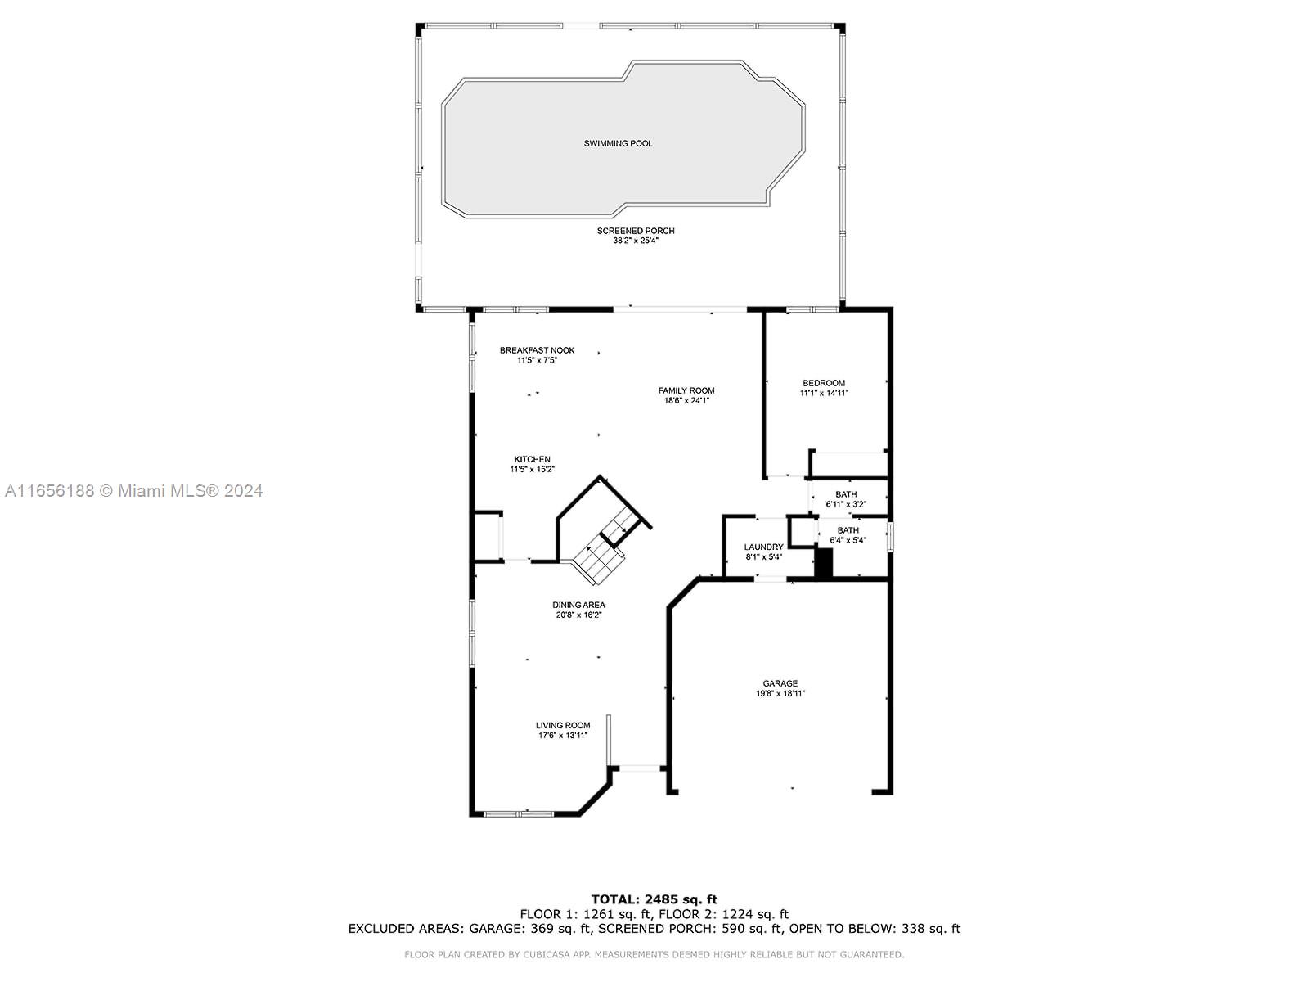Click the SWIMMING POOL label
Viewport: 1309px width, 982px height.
pyautogui.click(x=618, y=143)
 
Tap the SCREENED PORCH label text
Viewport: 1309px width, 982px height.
pyautogui.click(x=636, y=231)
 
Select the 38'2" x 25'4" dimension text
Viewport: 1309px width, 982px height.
pyautogui.click(x=636, y=241)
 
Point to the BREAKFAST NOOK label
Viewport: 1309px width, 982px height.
pyautogui.click(x=537, y=350)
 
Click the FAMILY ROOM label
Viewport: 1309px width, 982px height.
pyautogui.click(x=686, y=390)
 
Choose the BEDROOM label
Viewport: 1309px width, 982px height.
pyautogui.click(x=824, y=383)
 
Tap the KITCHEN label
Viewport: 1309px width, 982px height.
pyautogui.click(x=532, y=459)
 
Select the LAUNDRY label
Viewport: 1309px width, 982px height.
pyautogui.click(x=763, y=547)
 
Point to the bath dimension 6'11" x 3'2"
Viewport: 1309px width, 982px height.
pyautogui.click(x=846, y=504)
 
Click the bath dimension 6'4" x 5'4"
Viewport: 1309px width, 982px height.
pyautogui.click(x=848, y=540)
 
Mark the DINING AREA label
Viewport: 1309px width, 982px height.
pyautogui.click(x=578, y=605)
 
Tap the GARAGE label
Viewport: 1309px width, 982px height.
pyautogui.click(x=780, y=683)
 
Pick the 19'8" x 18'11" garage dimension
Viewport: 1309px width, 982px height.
pyautogui.click(x=780, y=693)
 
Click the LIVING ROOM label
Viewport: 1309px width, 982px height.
pyautogui.click(x=563, y=725)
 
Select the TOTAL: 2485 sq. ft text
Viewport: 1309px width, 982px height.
pyautogui.click(x=654, y=899)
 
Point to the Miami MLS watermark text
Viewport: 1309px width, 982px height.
pyautogui.click(x=133, y=491)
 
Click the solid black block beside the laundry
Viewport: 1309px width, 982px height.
pyautogui.click(x=824, y=563)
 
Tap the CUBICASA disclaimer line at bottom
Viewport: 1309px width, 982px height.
pyautogui.click(x=654, y=954)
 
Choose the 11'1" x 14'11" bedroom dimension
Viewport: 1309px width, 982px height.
pyautogui.click(x=824, y=393)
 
